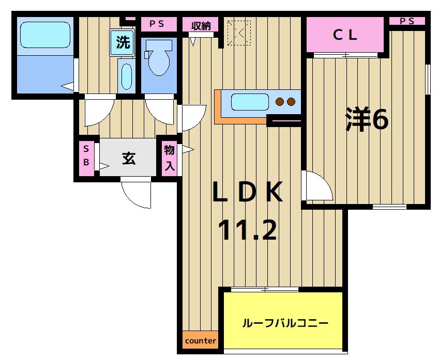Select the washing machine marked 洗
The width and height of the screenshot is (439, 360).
(x=123, y=42)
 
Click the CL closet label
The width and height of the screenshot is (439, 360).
(x=345, y=35)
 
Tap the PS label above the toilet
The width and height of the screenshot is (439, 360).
(x=156, y=23)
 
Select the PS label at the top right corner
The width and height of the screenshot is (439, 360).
(x=407, y=21)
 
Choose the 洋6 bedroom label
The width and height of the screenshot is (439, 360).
(x=367, y=120)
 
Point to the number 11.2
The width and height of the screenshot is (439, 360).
(x=247, y=230)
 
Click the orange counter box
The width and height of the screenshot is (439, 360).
(x=200, y=340)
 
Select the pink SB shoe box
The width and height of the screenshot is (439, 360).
(x=86, y=155)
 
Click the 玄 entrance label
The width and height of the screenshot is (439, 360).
(x=128, y=158)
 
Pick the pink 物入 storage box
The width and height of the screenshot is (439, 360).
(x=170, y=158)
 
